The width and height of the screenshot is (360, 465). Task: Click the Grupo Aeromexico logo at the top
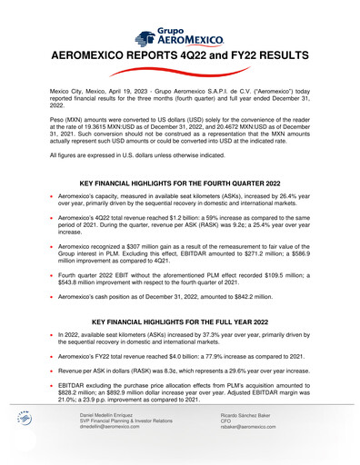(180, 37)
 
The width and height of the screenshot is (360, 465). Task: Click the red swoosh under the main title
(180, 72)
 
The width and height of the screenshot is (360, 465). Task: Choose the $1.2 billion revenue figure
(173, 220)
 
